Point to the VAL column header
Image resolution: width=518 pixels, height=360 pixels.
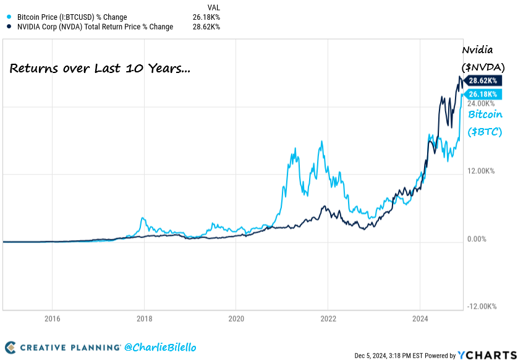[214, 7]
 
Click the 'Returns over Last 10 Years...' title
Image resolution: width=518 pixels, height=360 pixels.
[100, 69]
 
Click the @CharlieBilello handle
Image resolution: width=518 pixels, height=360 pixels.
[160, 348]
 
